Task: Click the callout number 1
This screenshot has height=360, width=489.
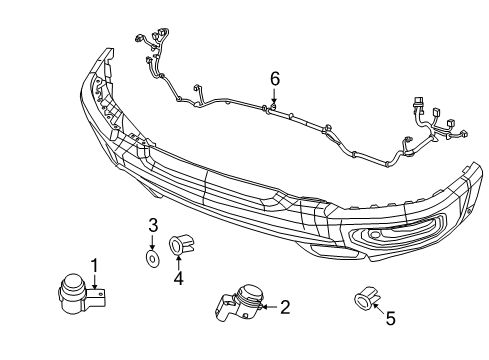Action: (95, 265)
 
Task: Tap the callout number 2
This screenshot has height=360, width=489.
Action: (285, 307)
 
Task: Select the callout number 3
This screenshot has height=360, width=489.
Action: (153, 223)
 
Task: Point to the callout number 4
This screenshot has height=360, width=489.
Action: (178, 279)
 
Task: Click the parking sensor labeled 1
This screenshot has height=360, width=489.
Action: (72, 292)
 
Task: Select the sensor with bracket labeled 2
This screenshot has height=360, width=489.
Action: (240, 305)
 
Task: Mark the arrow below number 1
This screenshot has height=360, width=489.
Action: (95, 281)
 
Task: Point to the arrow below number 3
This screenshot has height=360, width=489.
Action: (153, 243)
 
